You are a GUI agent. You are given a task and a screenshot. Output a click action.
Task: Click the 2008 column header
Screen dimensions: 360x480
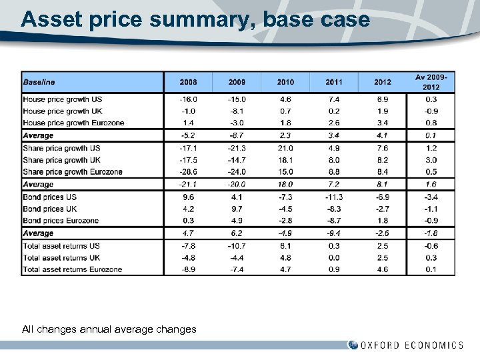pos(188,82)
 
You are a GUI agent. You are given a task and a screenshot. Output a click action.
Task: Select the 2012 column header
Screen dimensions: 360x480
pos(383,82)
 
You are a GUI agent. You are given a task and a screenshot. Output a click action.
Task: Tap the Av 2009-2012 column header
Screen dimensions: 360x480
pos(431,82)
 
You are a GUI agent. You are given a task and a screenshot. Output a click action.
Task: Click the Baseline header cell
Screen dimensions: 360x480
pos(39,82)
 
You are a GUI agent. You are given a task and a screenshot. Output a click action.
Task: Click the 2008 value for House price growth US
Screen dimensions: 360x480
pos(188,99)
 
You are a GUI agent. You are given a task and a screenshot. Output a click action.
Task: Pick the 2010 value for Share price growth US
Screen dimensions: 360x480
pos(285,148)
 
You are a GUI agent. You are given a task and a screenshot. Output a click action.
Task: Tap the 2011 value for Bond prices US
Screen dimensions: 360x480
pos(334,197)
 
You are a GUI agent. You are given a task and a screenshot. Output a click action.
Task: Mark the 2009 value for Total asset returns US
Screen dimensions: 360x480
pos(237,245)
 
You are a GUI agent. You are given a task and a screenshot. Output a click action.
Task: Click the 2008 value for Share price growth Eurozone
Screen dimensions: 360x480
pos(188,172)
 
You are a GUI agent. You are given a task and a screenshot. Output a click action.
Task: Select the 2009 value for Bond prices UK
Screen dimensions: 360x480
pos(237,209)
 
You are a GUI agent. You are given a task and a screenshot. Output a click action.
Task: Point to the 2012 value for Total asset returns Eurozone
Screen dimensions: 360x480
pos(383,269)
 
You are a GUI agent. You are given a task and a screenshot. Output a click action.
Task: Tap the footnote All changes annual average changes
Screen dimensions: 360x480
pos(109,329)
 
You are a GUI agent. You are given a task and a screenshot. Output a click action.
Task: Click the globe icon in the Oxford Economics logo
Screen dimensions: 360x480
pos(353,345)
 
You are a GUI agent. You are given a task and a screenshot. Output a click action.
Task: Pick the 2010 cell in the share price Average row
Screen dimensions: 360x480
pos(285,185)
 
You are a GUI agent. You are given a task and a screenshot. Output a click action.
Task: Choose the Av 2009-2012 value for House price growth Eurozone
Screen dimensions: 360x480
pos(431,123)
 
